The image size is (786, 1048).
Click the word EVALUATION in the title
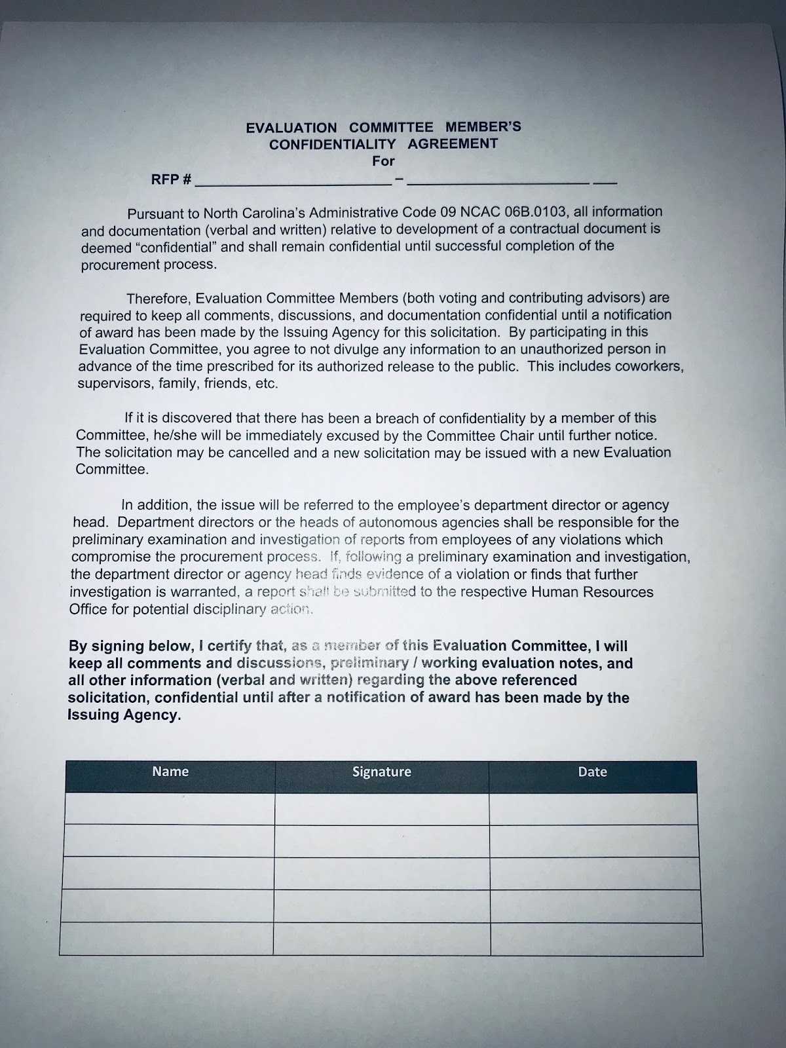(291, 128)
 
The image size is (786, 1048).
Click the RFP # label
(171, 179)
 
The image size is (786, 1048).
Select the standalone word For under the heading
(384, 160)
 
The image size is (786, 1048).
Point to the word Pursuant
(157, 214)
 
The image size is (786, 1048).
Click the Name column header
(170, 772)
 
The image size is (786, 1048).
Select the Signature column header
(382, 772)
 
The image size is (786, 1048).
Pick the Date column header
(592, 772)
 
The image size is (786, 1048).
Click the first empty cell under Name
(170, 808)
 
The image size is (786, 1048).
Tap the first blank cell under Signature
(382, 808)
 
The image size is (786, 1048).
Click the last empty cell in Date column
(595, 939)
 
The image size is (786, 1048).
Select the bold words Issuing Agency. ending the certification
(124, 715)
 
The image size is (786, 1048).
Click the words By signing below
(128, 646)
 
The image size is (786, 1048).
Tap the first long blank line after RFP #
(293, 183)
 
